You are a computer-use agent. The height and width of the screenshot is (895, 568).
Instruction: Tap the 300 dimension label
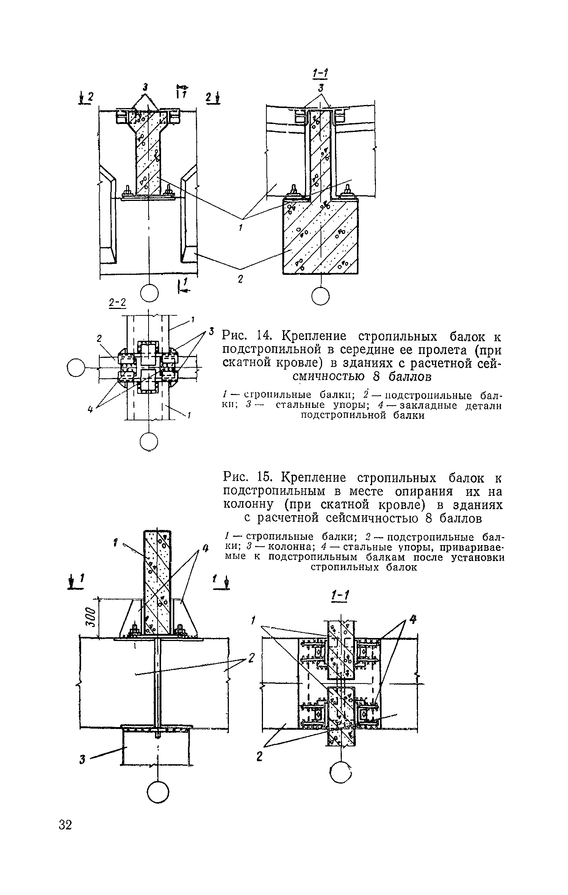coord(89,618)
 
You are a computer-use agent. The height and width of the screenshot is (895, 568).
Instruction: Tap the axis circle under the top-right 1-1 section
coord(321,296)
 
